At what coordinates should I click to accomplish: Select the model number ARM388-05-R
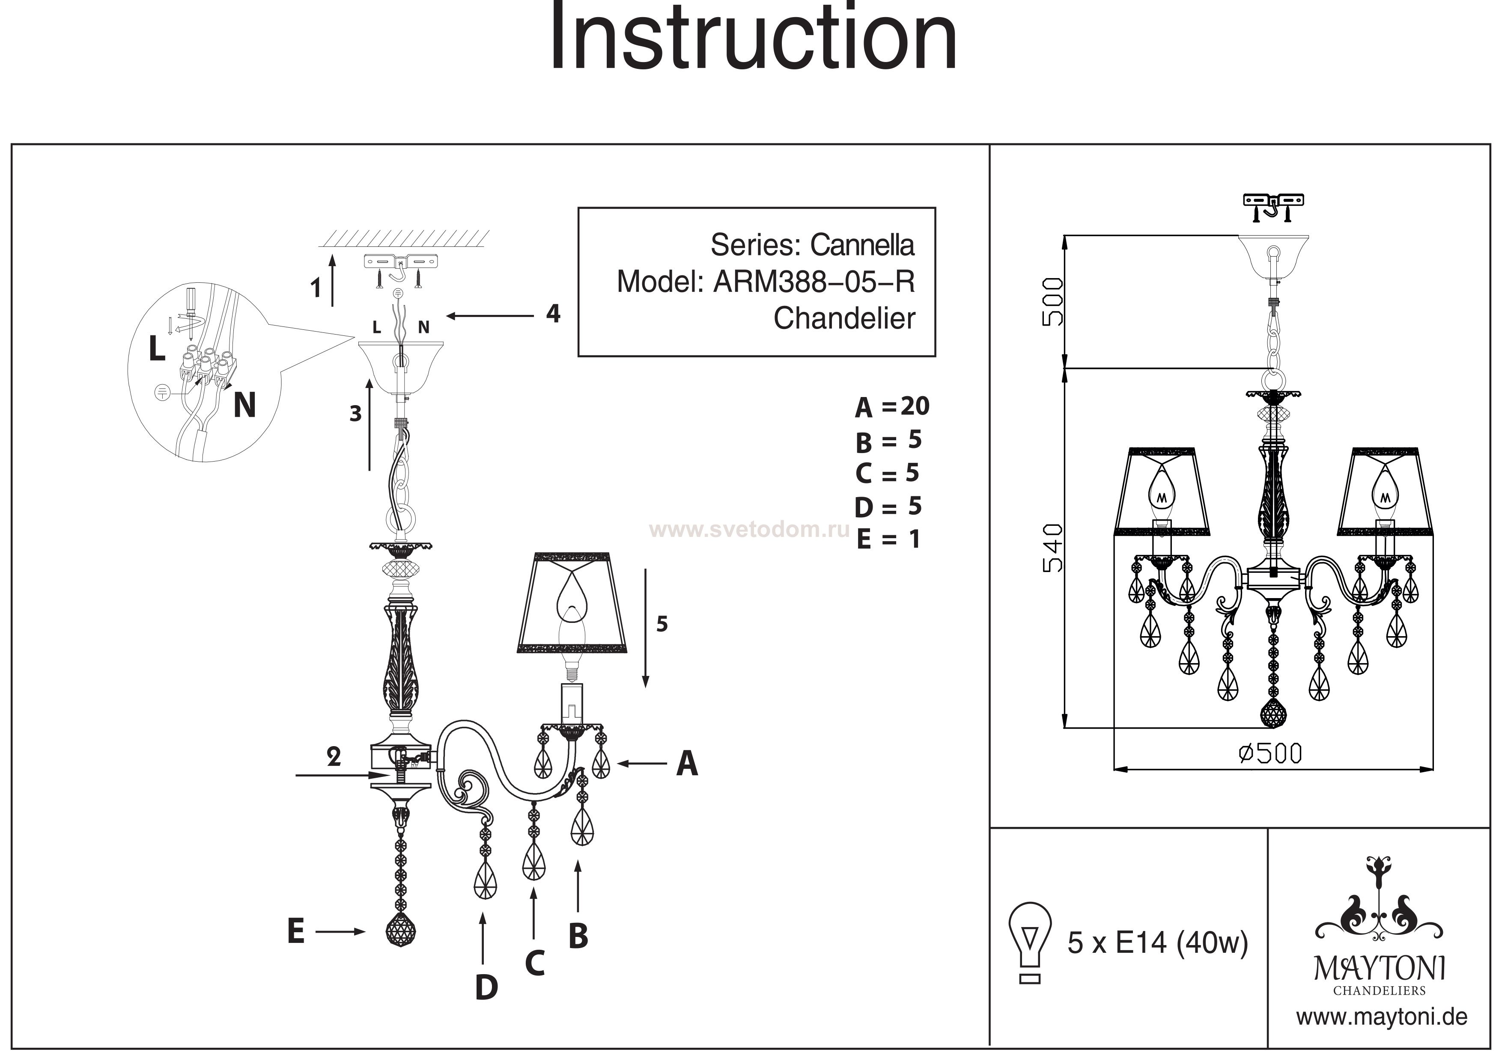814,282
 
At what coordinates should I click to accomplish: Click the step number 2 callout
334,757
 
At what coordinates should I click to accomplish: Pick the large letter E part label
296,931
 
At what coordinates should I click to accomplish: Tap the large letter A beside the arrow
687,764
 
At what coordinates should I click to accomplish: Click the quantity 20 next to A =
915,406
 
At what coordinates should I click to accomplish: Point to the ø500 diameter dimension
1270,754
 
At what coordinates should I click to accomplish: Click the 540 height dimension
1053,548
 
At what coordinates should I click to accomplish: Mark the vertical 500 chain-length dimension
1053,302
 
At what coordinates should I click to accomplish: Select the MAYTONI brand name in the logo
1380,969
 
